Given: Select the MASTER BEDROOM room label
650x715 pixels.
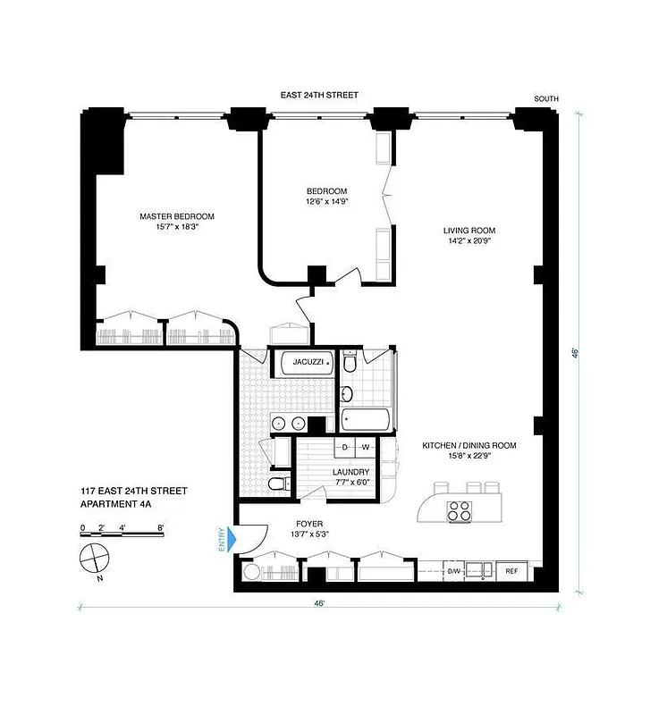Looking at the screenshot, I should pyautogui.click(x=176, y=216).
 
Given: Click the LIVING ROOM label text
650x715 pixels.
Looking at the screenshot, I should pyautogui.click(x=469, y=231).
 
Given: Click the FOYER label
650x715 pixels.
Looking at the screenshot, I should pyautogui.click(x=310, y=524).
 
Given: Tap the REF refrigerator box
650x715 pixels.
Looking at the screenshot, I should pyautogui.click(x=512, y=570).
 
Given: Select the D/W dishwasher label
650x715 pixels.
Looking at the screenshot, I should pyautogui.click(x=453, y=570).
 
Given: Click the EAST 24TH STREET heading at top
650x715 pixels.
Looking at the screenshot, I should pyautogui.click(x=319, y=94).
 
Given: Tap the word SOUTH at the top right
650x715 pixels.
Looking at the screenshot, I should pyautogui.click(x=546, y=98).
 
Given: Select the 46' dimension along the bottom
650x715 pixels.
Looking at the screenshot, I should pyautogui.click(x=319, y=604).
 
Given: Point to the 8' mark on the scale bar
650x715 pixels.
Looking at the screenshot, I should pyautogui.click(x=160, y=528).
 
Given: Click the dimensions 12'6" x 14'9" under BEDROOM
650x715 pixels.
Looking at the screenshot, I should pyautogui.click(x=326, y=203).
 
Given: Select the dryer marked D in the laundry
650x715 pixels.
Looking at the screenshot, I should pyautogui.click(x=345, y=446).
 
